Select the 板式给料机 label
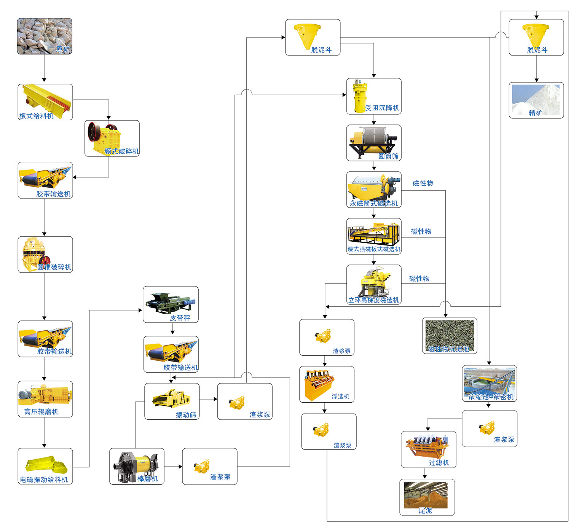tap(37, 116)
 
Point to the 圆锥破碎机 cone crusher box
tap(45, 254)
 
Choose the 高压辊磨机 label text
tap(41, 411)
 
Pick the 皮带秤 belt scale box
tap(171, 304)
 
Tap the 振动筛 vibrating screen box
tap(172, 401)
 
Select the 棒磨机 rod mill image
tap(135, 465)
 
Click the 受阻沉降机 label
tap(382, 108)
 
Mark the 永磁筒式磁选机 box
tap(373, 190)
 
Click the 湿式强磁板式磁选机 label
tap(374, 249)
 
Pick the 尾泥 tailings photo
tap(426, 495)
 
